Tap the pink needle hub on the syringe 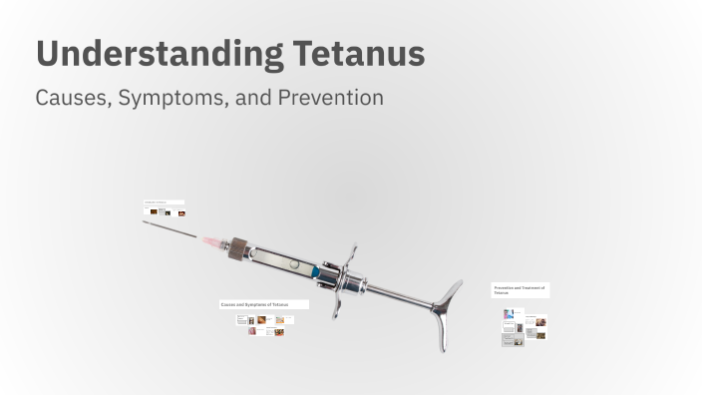coord(213,242)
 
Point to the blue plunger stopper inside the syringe coord(315,271)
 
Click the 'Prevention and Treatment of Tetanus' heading coord(519,289)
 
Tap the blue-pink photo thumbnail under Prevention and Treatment coord(509,313)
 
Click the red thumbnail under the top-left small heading coord(181,212)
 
